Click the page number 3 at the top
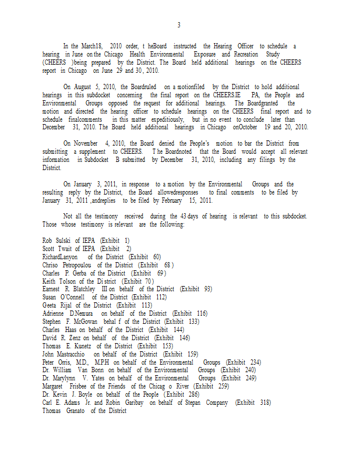click(179, 25)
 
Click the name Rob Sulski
click(57, 240)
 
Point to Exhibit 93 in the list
click(196, 289)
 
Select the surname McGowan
click(82, 322)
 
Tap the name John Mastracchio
click(65, 354)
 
